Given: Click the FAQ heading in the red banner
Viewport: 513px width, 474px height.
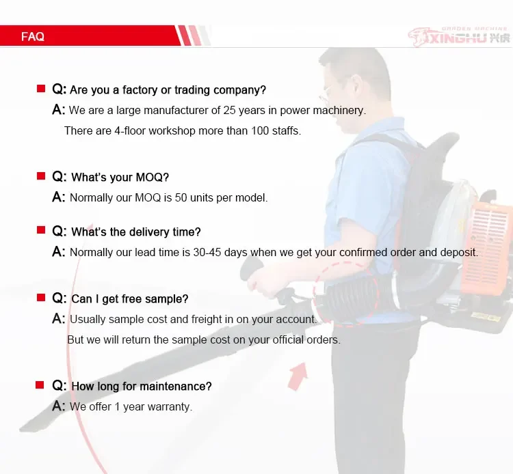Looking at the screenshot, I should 33,37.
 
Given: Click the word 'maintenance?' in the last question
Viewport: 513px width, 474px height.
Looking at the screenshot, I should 176,387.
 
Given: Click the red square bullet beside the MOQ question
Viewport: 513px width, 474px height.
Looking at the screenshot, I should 40,177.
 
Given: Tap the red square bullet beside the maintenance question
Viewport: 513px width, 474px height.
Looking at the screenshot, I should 40,386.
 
